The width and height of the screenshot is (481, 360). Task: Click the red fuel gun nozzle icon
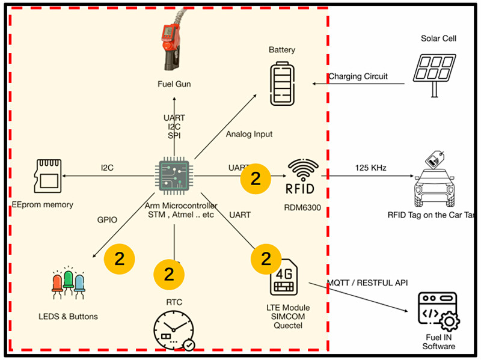coord(172,45)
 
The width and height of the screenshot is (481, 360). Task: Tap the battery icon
coord(282,84)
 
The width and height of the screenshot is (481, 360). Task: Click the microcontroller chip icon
coord(175,176)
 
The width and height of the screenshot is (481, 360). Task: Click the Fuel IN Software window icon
coord(438,311)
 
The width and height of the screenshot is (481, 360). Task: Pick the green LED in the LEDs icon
coord(69,281)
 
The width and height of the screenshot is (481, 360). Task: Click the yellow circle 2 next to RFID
coord(256,178)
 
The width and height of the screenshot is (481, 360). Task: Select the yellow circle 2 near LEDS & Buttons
coord(119,258)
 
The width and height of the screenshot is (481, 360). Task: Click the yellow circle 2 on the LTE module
coord(266,258)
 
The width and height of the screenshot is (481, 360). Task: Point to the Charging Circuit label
coord(358,76)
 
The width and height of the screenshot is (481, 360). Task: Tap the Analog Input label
coord(249,134)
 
